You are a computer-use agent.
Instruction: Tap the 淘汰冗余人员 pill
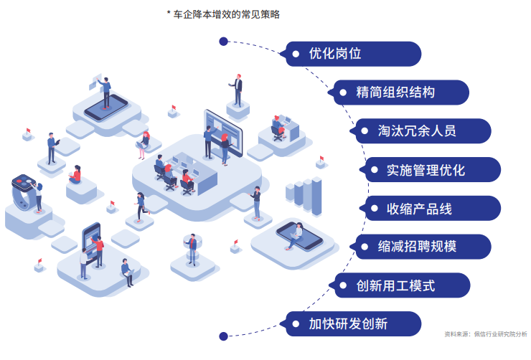pyautogui.click(x=423, y=131)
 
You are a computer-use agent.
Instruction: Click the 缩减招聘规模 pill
pyautogui.click(x=423, y=247)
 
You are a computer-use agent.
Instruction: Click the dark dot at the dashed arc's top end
pyautogui.click(x=223, y=42)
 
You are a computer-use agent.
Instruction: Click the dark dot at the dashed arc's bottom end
pyautogui.click(x=223, y=336)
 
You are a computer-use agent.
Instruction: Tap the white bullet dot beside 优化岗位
pyautogui.click(x=295, y=54)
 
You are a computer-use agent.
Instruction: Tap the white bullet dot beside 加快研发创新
pyautogui.click(x=295, y=323)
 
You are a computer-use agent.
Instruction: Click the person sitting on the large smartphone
pyautogui.click(x=295, y=233)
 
